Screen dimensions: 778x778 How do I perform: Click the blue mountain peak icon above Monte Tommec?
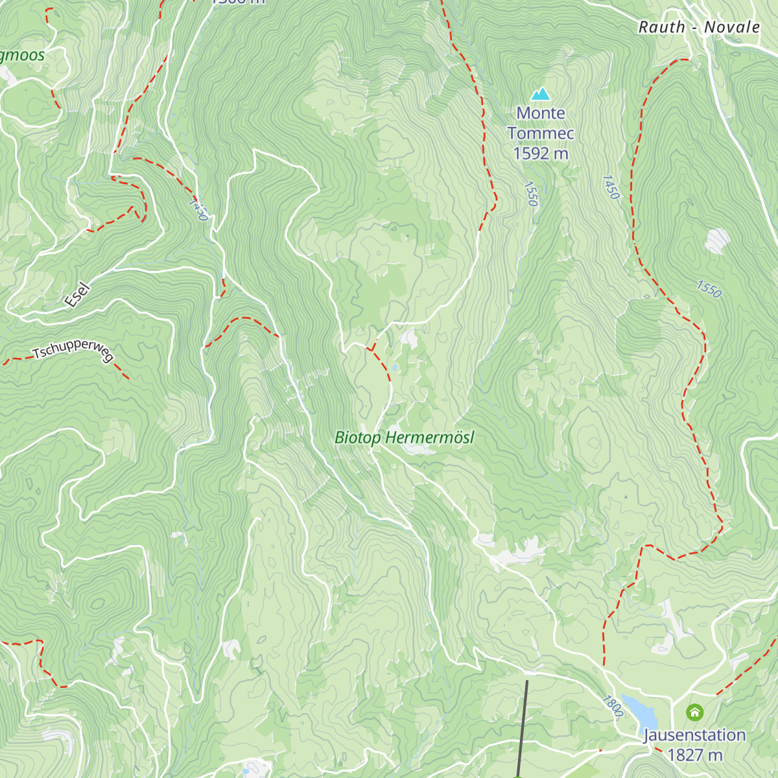(x=540, y=95)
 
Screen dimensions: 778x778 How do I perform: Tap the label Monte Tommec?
(x=541, y=123)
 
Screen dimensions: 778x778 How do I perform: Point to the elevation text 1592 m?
(x=541, y=154)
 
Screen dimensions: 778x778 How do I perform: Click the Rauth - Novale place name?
(x=699, y=27)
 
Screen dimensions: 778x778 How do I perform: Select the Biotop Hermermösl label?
(x=405, y=438)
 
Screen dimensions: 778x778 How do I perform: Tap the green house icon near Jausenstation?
(x=694, y=713)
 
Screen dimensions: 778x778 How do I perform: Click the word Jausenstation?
(x=694, y=735)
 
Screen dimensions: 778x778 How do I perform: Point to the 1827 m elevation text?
(x=694, y=755)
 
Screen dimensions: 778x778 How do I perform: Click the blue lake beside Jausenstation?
(x=641, y=712)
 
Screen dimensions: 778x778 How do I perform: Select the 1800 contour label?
(x=612, y=706)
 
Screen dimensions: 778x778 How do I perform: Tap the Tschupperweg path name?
(x=73, y=350)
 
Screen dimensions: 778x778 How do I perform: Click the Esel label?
(x=77, y=295)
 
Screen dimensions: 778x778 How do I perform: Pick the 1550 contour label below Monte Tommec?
(x=531, y=194)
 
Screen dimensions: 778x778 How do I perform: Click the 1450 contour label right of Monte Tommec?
(x=611, y=187)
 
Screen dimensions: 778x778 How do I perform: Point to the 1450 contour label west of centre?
(x=198, y=209)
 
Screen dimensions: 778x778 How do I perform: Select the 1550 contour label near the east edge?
(x=709, y=289)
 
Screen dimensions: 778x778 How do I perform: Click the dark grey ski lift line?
(x=523, y=726)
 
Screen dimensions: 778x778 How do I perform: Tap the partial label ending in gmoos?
(x=22, y=55)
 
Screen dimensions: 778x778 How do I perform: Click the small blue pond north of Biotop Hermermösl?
(x=394, y=368)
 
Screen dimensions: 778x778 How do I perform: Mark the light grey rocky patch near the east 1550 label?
(x=717, y=240)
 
